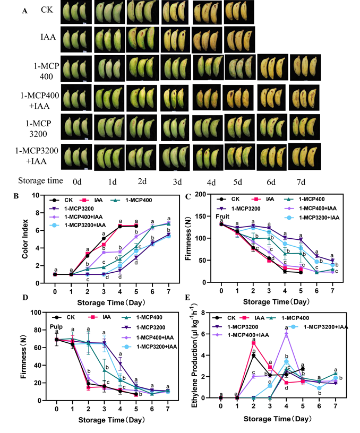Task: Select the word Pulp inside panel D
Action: point(57,326)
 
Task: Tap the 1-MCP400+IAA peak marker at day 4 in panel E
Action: point(286,334)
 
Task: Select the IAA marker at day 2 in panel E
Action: point(254,343)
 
